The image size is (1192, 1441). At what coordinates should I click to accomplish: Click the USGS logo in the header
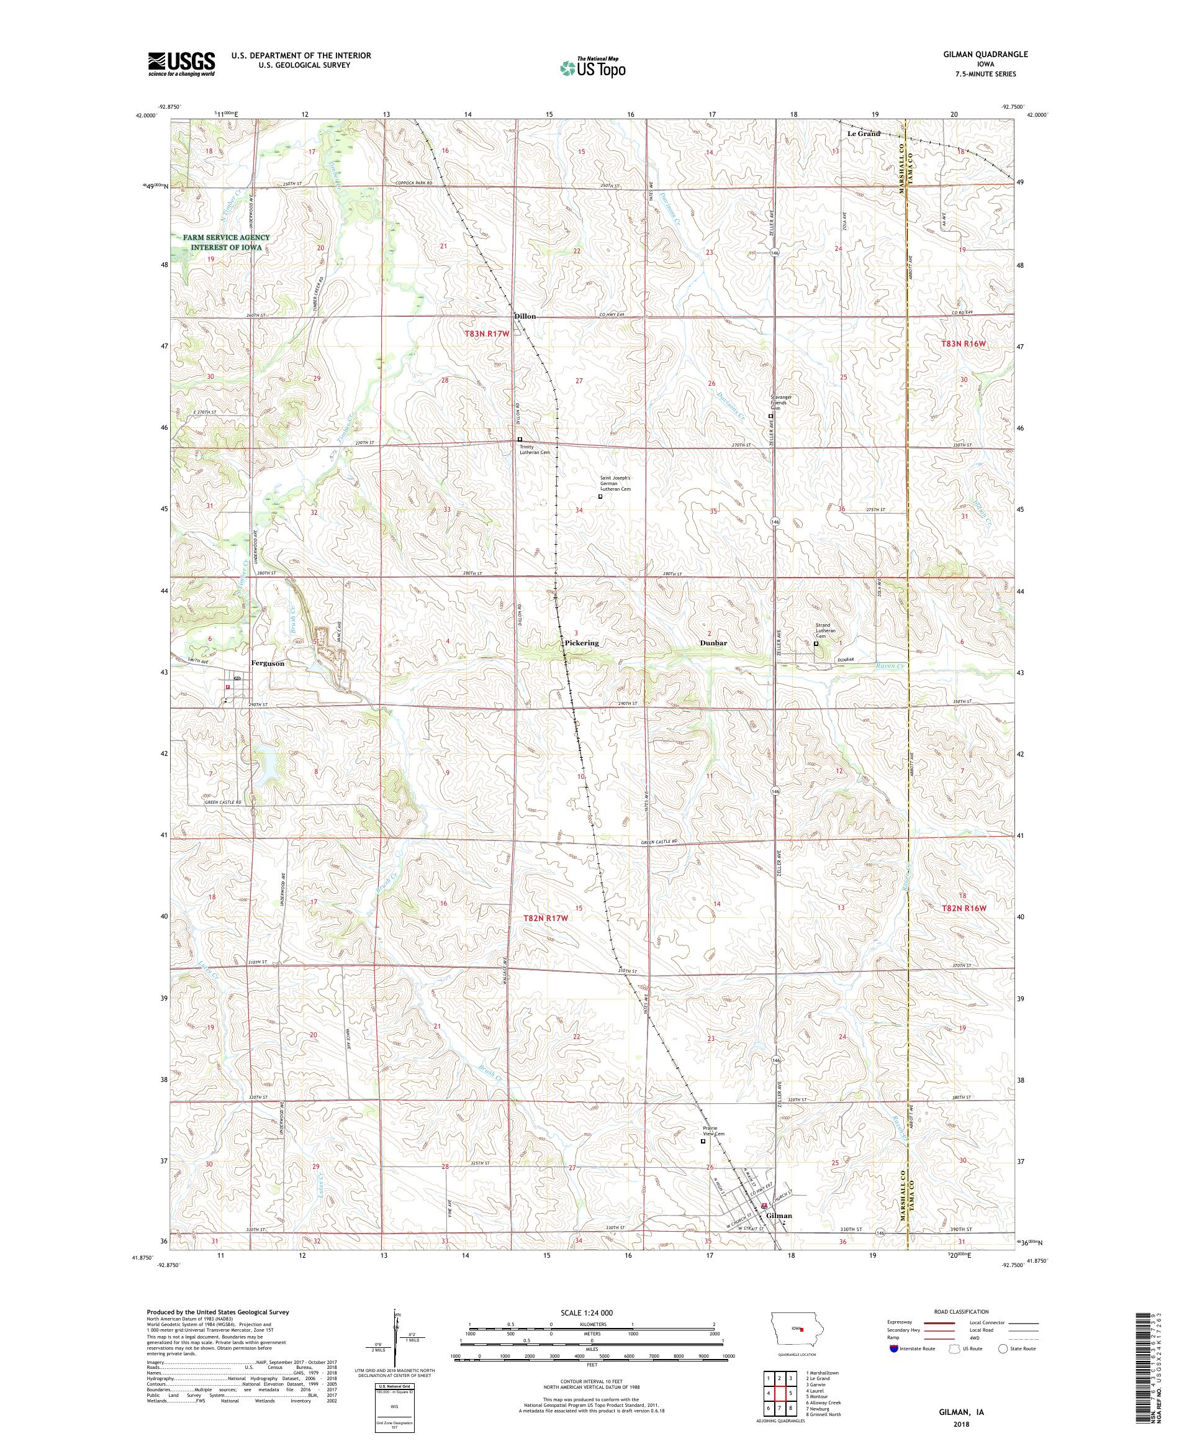[x=181, y=64]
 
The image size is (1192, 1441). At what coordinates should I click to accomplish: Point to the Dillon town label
[x=525, y=316]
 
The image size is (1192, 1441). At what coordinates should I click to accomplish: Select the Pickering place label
[x=581, y=643]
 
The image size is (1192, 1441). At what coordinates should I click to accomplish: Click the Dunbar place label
[x=713, y=643]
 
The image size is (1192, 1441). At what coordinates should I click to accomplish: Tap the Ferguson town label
[x=268, y=663]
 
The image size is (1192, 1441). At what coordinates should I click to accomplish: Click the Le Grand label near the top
[x=864, y=133]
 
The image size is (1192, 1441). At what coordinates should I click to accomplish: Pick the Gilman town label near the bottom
[x=779, y=1216]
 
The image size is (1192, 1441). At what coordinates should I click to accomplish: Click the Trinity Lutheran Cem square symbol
[x=519, y=439]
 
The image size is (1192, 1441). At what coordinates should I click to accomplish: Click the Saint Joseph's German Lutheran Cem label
[x=615, y=483]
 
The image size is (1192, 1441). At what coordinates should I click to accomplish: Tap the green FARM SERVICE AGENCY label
[x=227, y=242]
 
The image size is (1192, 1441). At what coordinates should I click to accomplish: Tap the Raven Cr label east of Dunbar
[x=890, y=666]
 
